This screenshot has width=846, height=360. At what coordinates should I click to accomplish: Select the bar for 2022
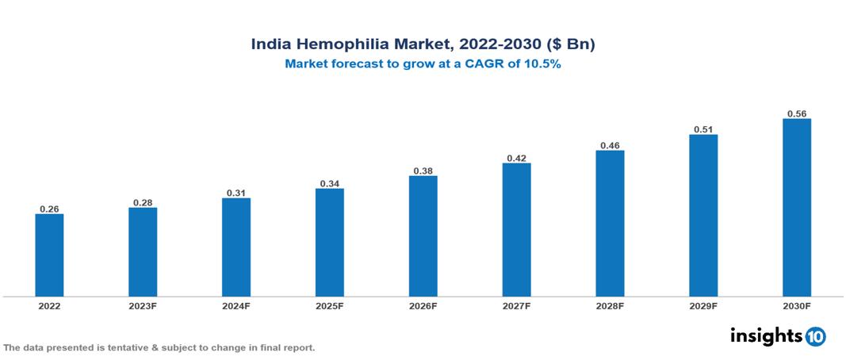click(49, 255)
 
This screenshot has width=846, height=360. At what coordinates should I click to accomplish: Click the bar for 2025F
click(329, 243)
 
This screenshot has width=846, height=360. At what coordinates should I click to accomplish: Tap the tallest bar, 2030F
click(796, 208)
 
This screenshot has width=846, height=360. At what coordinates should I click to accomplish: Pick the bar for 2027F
click(516, 230)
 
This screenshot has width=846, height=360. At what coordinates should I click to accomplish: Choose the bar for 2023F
click(143, 252)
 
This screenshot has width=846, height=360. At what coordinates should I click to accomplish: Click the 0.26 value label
click(49, 209)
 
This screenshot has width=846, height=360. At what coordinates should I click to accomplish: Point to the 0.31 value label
click(236, 193)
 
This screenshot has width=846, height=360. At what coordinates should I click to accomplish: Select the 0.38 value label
click(423, 170)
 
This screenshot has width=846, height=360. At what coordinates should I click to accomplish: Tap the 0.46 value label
click(610, 145)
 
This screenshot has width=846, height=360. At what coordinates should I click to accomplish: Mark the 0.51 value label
click(703, 129)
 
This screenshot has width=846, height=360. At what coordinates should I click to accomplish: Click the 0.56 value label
click(796, 113)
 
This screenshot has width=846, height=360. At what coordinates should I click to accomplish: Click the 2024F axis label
click(236, 305)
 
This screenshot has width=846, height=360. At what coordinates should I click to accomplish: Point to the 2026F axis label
click(423, 305)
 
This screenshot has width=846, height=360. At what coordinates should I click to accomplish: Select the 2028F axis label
click(610, 305)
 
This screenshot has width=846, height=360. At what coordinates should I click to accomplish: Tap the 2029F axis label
click(703, 305)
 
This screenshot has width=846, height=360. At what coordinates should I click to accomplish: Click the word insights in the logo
click(766, 335)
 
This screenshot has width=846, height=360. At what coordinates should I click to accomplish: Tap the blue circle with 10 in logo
click(815, 336)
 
